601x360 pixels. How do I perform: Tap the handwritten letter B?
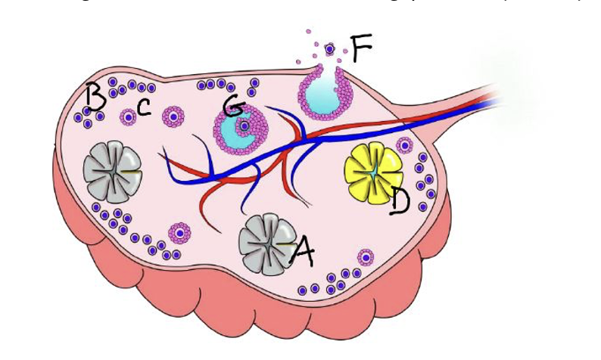(x=95, y=97)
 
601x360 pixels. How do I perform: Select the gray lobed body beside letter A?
(x=264, y=241)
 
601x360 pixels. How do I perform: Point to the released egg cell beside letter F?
(x=329, y=48)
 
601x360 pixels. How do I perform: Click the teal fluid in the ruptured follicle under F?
(x=322, y=94)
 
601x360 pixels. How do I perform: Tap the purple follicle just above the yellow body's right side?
(x=406, y=145)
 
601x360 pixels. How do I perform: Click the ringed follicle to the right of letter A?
(x=366, y=258)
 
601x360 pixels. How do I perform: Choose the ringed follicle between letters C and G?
(x=176, y=117)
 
